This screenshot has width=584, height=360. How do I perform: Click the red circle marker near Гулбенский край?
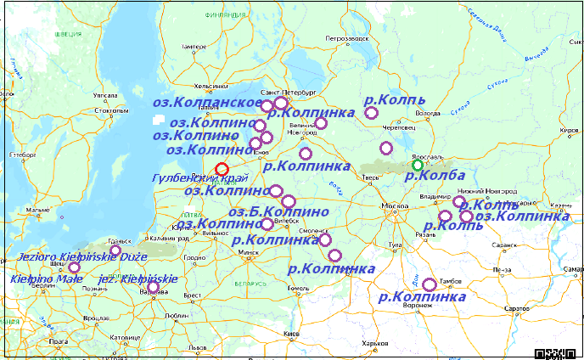222,169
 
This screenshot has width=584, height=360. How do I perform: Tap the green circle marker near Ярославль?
417,164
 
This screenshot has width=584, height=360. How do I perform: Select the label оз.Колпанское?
206,102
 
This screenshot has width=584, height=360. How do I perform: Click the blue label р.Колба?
434,176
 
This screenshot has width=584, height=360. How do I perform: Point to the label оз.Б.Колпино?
278,211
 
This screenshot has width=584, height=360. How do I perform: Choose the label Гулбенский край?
199,178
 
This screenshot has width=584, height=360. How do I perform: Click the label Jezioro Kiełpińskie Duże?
82,256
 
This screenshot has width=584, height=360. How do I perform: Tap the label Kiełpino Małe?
41,278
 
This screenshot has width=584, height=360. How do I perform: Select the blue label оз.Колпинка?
522,216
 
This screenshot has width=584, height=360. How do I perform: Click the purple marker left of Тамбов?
430,284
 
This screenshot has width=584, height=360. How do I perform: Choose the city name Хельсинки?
211,86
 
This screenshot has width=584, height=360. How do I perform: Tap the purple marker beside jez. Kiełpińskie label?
153,288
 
